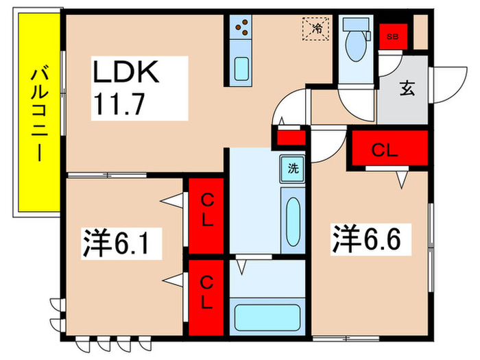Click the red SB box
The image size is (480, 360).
coord(394,36)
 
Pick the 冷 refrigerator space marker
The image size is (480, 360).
coord(317,29)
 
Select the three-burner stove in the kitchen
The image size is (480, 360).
coord(242,27)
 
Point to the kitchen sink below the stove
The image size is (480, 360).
coord(242,69)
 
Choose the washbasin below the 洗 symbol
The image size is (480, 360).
coord(292,219)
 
